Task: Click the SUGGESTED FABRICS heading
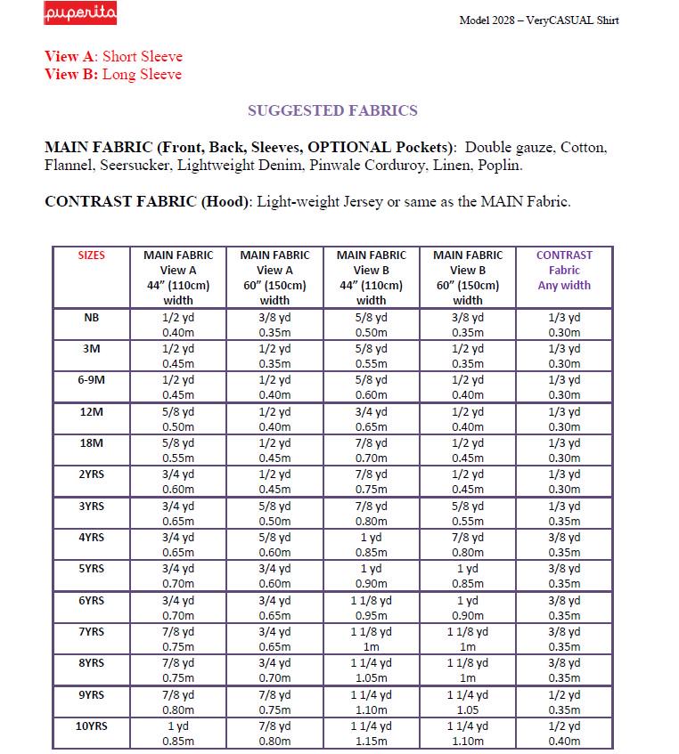click(332, 111)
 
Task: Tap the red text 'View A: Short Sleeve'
click(113, 57)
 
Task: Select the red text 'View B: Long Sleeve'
click(113, 75)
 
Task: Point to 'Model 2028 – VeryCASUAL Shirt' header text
click(538, 20)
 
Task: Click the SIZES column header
click(91, 255)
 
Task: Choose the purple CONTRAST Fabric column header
click(564, 270)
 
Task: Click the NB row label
click(91, 318)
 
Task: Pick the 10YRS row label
click(91, 726)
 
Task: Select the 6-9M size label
click(91, 380)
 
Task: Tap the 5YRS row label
click(91, 569)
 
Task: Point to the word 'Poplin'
click(499, 166)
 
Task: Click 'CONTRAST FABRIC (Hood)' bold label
click(149, 202)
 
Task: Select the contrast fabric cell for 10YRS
click(564, 733)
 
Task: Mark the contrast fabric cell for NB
click(564, 325)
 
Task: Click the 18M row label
click(91, 442)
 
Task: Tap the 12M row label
click(91, 411)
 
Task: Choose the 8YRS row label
click(91, 662)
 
